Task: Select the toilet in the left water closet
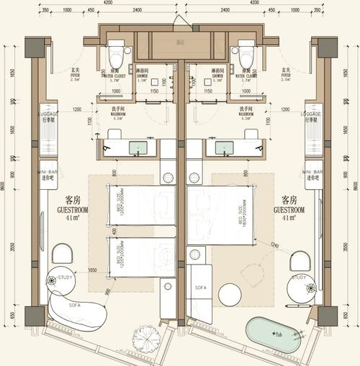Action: pyautogui.click(x=115, y=53)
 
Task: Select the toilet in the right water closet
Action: pyautogui.click(x=246, y=53)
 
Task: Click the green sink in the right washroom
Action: pyautogui.click(x=220, y=148)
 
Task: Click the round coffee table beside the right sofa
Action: pyautogui.click(x=232, y=295)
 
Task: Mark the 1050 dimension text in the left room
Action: pyautogui.click(x=93, y=271)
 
